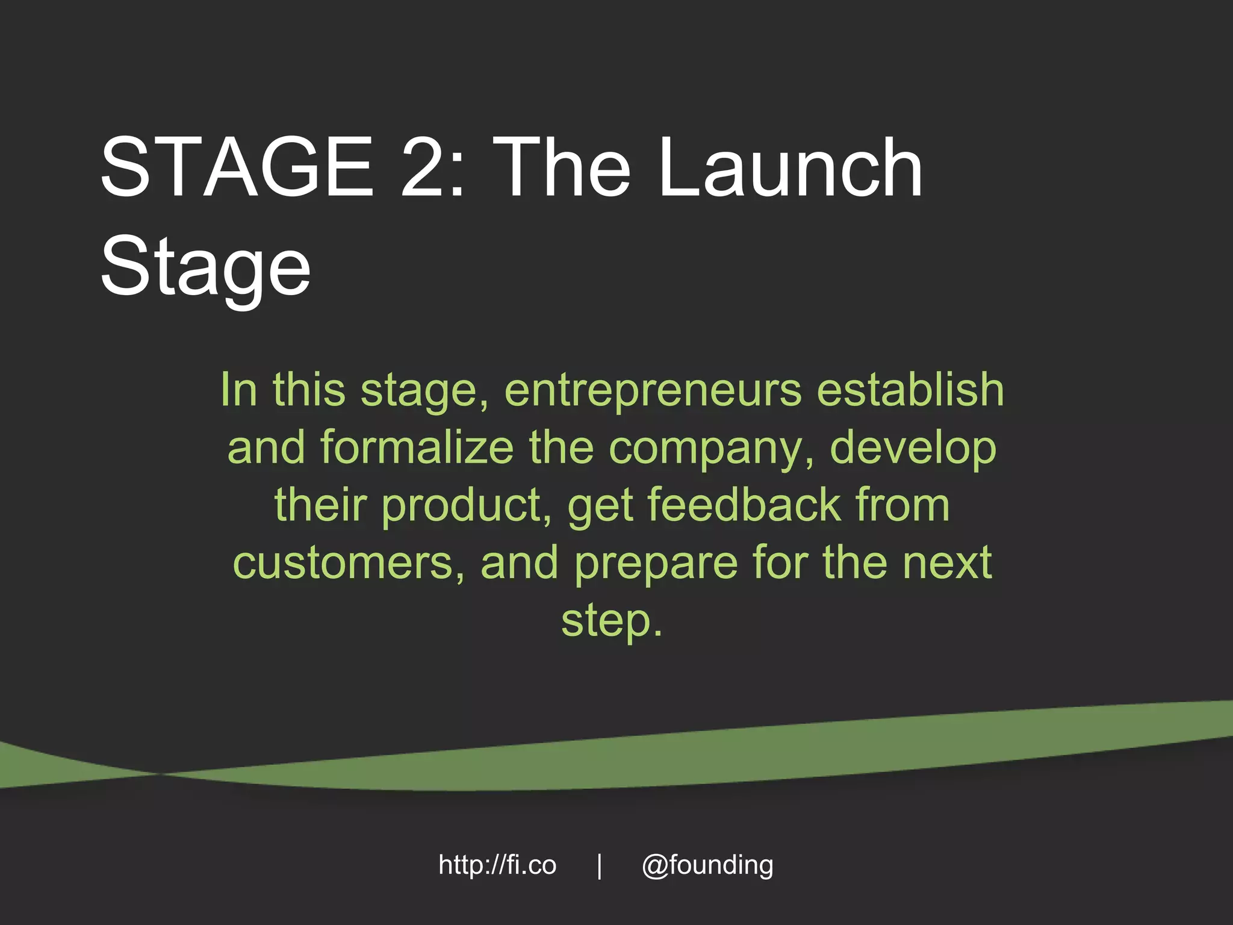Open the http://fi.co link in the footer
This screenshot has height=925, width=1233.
pos(497,865)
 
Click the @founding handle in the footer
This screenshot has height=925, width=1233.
pos(707,866)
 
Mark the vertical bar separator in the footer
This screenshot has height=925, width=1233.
pos(599,866)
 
